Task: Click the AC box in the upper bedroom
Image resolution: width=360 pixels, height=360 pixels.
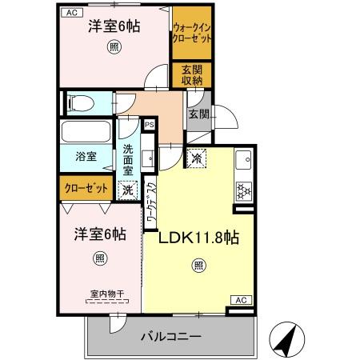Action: (71, 13)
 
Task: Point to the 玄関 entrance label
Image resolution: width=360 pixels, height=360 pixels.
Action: (198, 114)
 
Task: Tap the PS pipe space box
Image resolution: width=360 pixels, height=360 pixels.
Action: (149, 125)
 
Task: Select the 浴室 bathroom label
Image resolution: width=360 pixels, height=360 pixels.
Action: (87, 157)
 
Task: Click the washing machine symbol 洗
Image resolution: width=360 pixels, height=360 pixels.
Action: (127, 191)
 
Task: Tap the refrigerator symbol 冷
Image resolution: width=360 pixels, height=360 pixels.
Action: (197, 158)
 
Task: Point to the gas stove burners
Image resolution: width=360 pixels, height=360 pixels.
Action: (243, 192)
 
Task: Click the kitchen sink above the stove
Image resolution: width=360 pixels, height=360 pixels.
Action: (243, 166)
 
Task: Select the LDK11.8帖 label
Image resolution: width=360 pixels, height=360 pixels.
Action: (194, 237)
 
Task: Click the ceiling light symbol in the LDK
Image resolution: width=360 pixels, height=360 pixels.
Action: (197, 267)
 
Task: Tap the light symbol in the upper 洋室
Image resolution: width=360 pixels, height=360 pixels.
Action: (114, 48)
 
